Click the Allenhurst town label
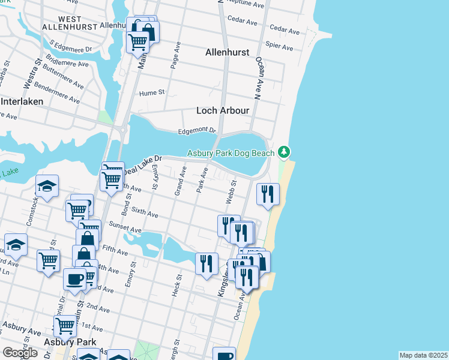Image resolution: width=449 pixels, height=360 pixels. point(228,52)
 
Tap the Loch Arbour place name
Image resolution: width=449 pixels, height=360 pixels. point(223,110)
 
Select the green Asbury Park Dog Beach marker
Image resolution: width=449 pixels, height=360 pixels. point(285,151)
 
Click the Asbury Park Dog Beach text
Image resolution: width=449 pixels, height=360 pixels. point(231,154)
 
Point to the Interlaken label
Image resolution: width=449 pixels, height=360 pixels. point(22,101)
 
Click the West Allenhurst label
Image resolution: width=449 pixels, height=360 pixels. point(62,23)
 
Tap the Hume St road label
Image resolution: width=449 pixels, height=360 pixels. point(152,92)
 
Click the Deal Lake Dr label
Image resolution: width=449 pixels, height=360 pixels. point(143,162)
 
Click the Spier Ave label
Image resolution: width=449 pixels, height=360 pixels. point(279,46)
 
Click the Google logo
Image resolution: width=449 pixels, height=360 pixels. point(20,353)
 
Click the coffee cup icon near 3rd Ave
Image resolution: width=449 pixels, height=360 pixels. point(75,280)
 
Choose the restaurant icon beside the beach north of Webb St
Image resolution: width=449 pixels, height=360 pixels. point(267,194)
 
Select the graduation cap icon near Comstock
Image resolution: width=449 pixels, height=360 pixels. point(47,187)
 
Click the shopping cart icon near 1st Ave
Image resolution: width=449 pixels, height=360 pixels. point(65,326)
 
